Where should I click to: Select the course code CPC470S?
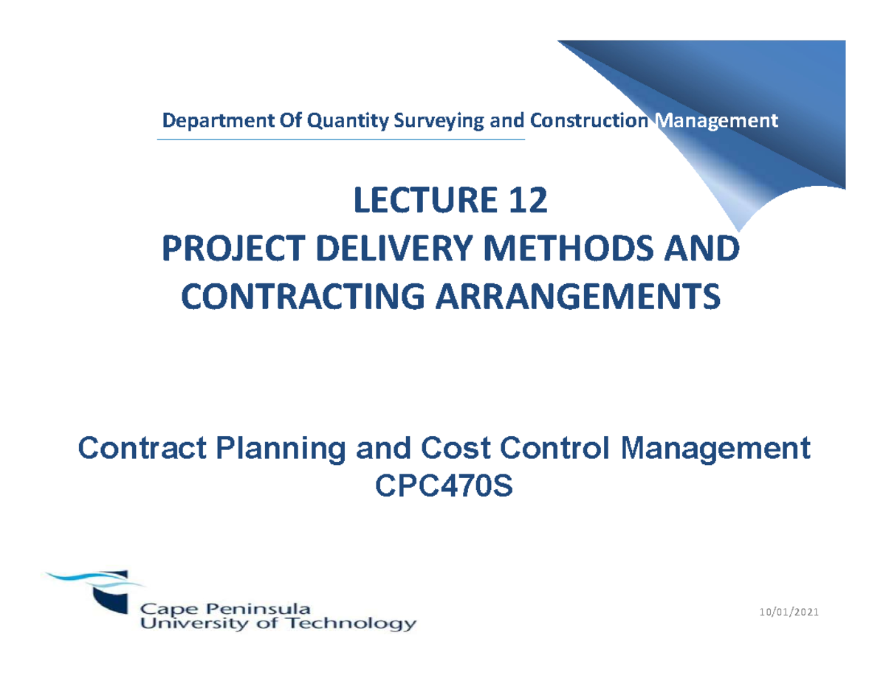coord(443,486)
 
